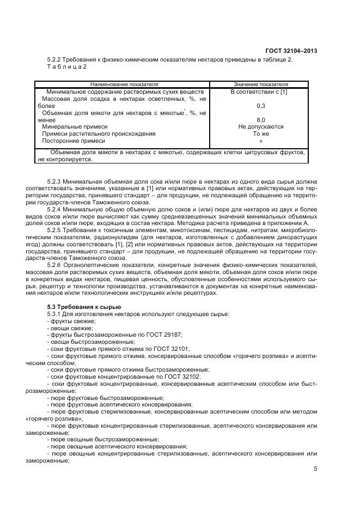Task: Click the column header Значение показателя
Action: click(x=260, y=85)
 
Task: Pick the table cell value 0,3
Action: click(x=260, y=106)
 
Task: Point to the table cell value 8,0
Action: click(x=260, y=119)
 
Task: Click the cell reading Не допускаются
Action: click(x=260, y=126)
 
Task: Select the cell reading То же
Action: click(x=260, y=133)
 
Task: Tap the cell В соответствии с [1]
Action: click(x=260, y=92)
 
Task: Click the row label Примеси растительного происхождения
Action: click(x=99, y=133)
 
